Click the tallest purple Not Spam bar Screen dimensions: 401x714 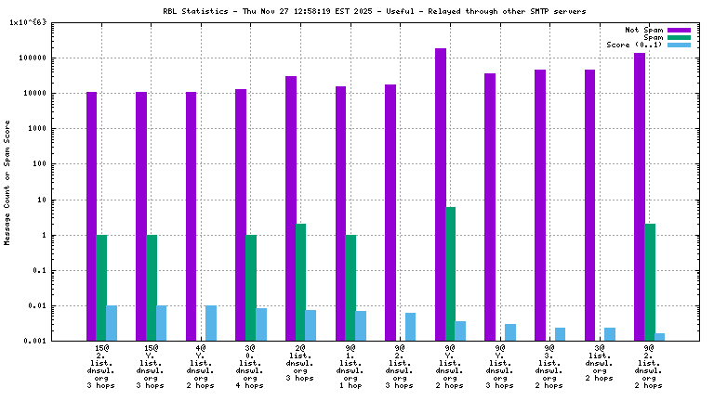(441, 195)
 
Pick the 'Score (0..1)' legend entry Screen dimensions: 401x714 (634, 45)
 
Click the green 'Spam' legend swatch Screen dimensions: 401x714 (680, 37)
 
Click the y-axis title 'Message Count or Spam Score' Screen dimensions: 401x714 (7, 182)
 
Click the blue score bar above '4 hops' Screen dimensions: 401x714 (261, 325)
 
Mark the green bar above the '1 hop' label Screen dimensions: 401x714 (350, 288)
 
